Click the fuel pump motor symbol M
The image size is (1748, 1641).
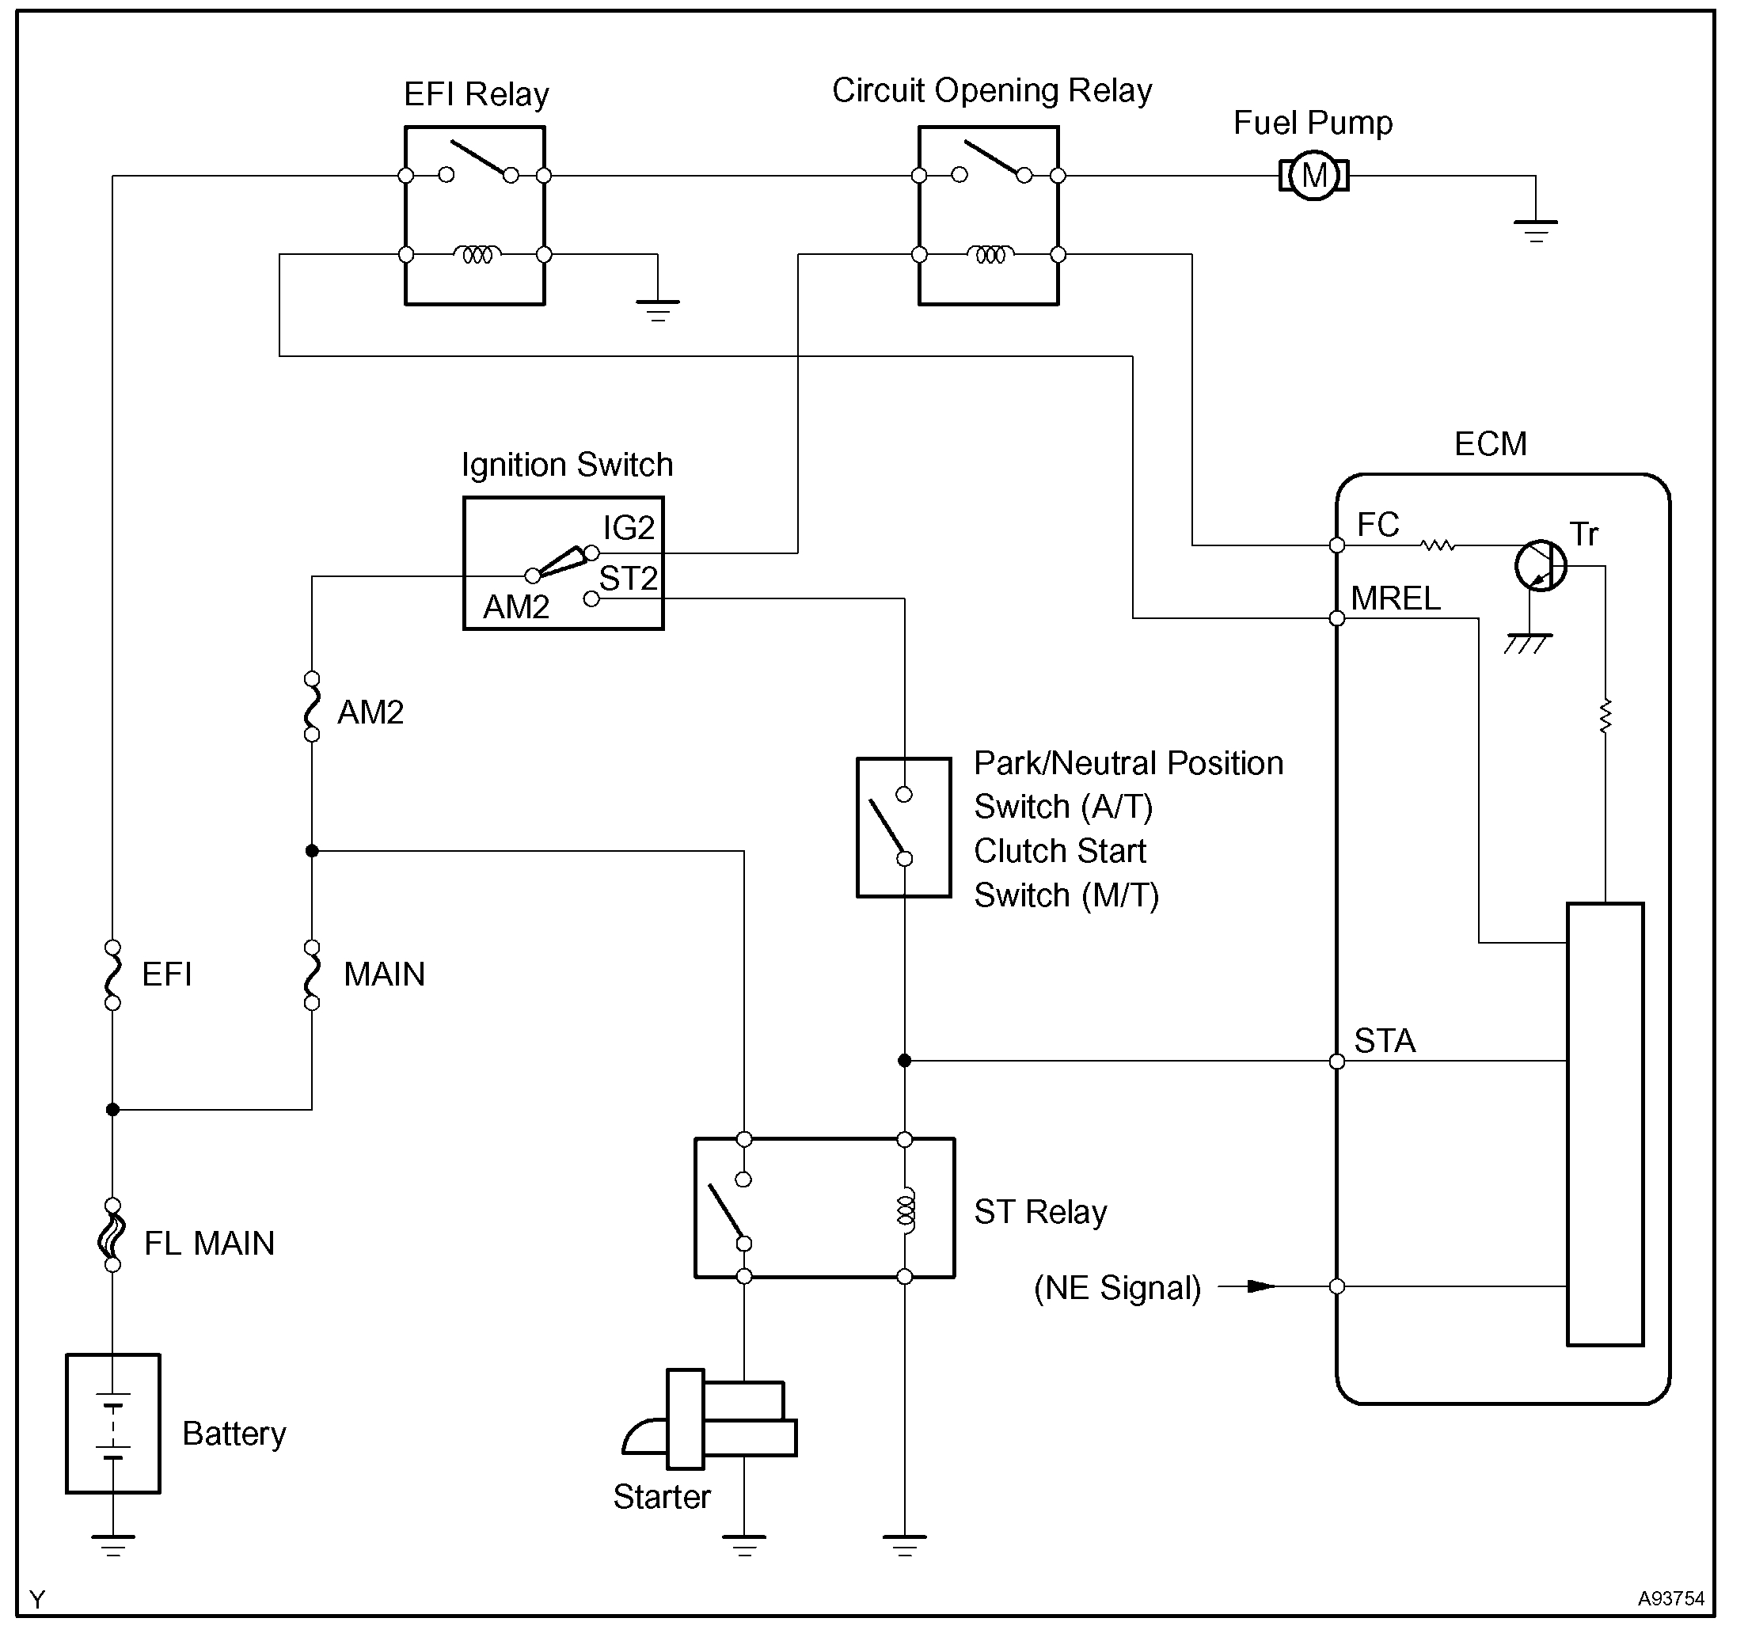[1313, 176]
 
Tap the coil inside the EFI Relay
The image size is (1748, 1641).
[477, 255]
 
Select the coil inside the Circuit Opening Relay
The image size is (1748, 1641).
[990, 255]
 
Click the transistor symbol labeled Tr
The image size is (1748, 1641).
[1541, 565]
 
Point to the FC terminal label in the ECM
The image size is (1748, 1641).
[1377, 525]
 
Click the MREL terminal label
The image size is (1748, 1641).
[1396, 599]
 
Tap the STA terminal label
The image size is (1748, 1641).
[1384, 1041]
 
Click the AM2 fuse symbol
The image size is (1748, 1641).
[311, 706]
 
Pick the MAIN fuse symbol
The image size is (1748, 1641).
[311, 974]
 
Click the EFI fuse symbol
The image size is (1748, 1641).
[112, 974]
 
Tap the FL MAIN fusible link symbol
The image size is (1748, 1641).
[112, 1235]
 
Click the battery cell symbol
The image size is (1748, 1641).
[112, 1425]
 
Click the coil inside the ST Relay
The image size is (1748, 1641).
[905, 1211]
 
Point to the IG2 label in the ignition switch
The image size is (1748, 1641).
[629, 528]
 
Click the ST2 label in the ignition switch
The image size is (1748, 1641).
[628, 579]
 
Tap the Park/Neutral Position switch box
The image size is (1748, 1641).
[903, 826]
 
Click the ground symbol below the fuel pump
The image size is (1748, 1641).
[1535, 230]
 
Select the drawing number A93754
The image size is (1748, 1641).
[1670, 1599]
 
